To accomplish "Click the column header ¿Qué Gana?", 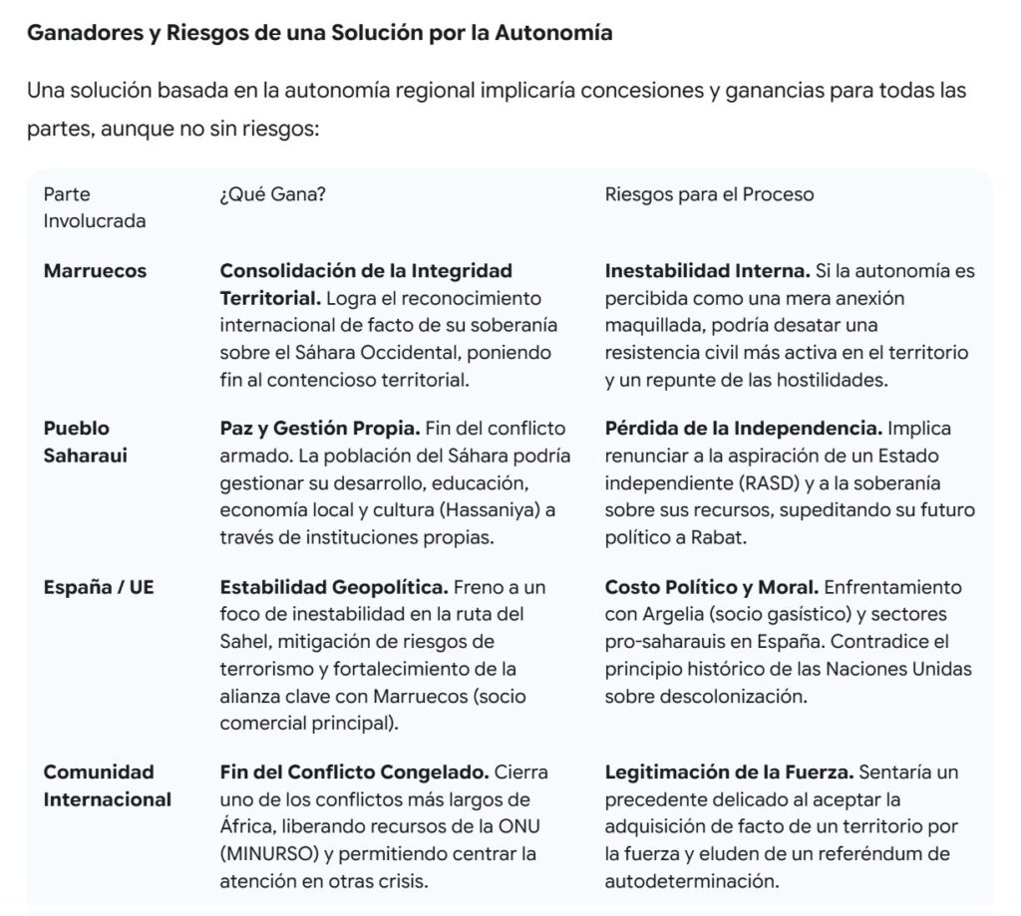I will pos(272,194).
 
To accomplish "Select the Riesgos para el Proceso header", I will pos(709,194).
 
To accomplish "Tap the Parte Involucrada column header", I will pos(94,207).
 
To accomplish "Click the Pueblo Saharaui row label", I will pos(85,441).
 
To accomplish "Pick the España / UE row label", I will pos(99,587).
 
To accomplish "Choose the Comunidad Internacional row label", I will pos(107,785).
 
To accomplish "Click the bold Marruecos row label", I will pos(95,270).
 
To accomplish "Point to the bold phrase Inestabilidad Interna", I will pos(707,270).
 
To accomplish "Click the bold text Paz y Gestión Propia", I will pos(319,429).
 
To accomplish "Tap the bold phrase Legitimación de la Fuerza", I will pos(729,772).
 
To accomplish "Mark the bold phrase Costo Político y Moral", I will pos(712,587).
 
